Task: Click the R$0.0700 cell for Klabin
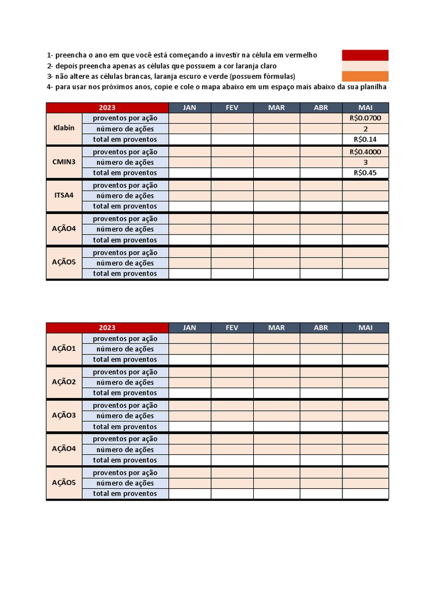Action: [x=365, y=118]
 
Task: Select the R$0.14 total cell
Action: [x=365, y=139]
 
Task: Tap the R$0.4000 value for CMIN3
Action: [x=365, y=152]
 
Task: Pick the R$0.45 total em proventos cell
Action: [x=365, y=173]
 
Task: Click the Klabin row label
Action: [x=64, y=128]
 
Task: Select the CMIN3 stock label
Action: [x=64, y=162]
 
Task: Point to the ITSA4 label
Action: [x=64, y=195]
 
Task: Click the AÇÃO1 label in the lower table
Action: [x=64, y=349]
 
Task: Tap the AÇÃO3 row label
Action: [x=64, y=415]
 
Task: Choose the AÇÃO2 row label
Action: [x=64, y=382]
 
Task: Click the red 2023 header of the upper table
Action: [x=107, y=108]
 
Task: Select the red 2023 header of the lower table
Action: [x=107, y=327]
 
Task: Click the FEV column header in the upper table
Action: [x=232, y=108]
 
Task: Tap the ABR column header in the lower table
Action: [x=321, y=327]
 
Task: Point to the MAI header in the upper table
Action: [x=365, y=108]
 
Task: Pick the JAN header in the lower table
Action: [x=189, y=327]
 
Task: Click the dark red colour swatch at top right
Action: [x=365, y=55]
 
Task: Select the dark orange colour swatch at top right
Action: [x=365, y=76]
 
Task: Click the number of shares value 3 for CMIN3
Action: [x=365, y=162]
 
